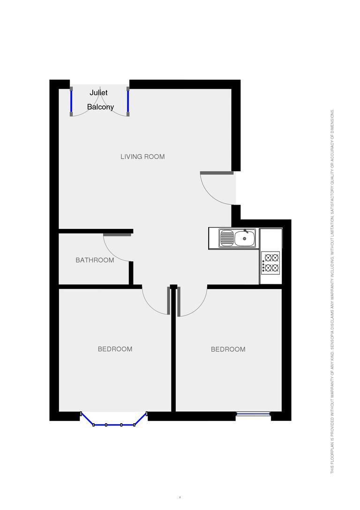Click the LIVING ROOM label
pos(142,157)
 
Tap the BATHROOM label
pos(95,260)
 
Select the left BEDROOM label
pos(115,349)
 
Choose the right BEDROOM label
pos(228,349)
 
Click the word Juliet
pos(98,93)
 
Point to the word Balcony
pos(100,107)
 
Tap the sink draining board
pos(226,238)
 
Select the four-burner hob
pos(271,263)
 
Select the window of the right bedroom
pos(253,414)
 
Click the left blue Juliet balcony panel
pos(71,101)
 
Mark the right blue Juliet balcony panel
pos(128,101)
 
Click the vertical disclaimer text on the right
pos(332,291)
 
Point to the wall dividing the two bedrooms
pos(173,357)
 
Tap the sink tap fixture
pos(246,231)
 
